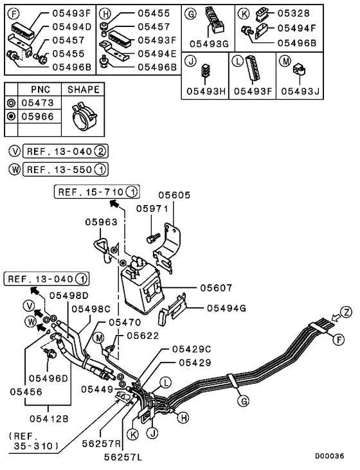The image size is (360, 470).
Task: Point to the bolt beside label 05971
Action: pos(152,238)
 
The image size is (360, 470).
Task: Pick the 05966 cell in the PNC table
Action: pos(38,117)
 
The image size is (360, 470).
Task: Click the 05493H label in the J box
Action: pos(204,91)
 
